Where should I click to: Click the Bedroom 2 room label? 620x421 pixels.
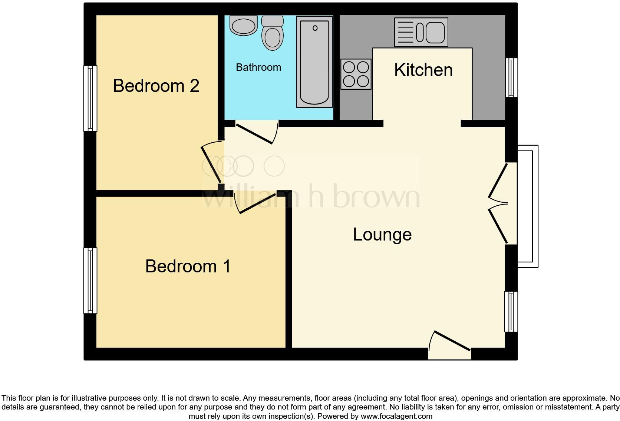(x=156, y=86)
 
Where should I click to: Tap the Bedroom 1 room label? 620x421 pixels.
(x=188, y=266)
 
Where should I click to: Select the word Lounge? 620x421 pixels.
(x=382, y=235)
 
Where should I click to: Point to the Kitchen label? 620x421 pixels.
(x=423, y=70)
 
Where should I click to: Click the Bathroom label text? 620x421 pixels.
(x=258, y=67)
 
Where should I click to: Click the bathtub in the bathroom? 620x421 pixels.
(x=314, y=62)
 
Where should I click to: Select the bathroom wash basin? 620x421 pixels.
(x=244, y=25)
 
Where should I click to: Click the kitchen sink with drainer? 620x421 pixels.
(x=421, y=32)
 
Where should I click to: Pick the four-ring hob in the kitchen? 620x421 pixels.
(x=356, y=74)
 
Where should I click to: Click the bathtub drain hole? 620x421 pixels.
(x=315, y=28)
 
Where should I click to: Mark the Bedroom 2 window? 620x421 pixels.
(x=90, y=99)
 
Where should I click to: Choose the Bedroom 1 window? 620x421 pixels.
(x=90, y=281)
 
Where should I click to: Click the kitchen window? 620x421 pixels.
(x=512, y=77)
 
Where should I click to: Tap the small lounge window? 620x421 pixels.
(x=511, y=311)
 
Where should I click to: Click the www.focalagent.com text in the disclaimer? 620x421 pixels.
(x=396, y=416)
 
